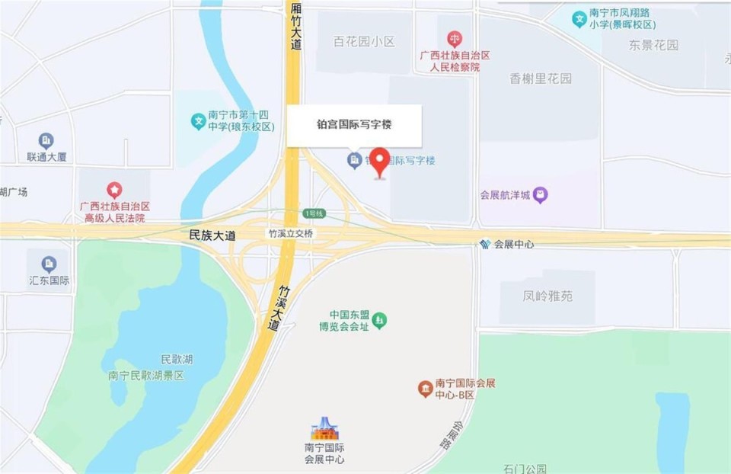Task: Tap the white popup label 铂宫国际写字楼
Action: coord(354,125)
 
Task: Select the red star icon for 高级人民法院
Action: coord(114,189)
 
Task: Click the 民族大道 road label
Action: coord(212,236)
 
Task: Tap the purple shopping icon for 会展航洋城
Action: coord(540,195)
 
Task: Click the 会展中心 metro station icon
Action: coord(485,245)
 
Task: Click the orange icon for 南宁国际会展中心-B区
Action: coord(425,389)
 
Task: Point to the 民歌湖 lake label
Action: coord(177,359)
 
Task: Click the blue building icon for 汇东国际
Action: coord(49,264)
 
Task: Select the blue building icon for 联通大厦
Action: coord(46,141)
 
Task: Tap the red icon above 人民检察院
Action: coord(455,38)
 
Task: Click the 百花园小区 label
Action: coord(364,42)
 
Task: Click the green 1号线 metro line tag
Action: coord(314,213)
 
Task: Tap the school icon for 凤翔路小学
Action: coord(580,18)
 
